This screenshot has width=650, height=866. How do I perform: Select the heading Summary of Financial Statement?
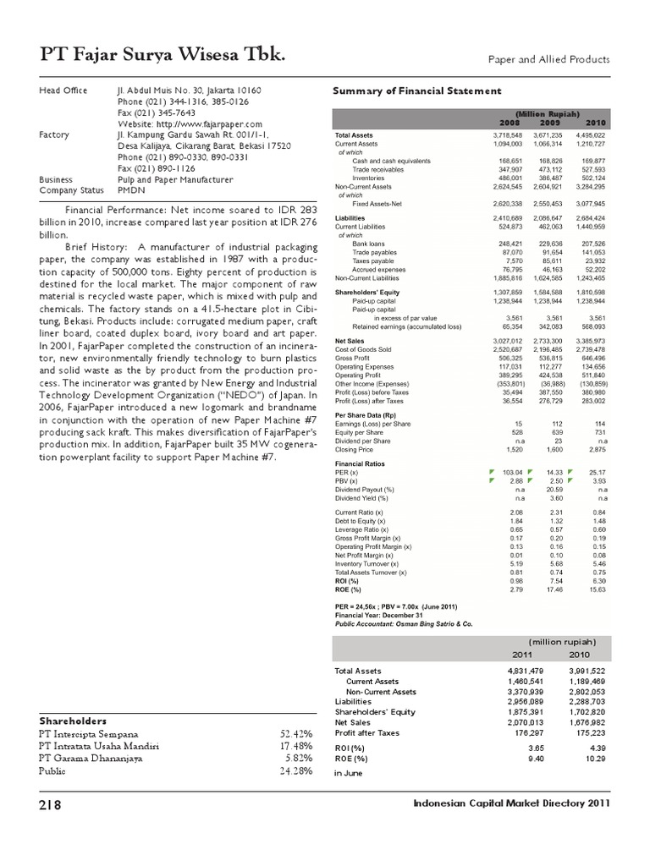tap(418, 91)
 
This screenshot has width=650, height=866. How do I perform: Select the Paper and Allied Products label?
tap(548, 59)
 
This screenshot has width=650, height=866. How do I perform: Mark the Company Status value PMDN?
tap(133, 190)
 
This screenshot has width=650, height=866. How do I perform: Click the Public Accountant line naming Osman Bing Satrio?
tap(404, 622)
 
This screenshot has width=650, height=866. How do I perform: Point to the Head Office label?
tap(63, 90)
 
